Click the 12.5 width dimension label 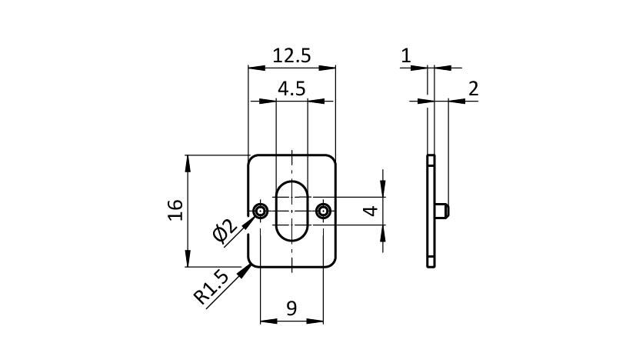pos(291,55)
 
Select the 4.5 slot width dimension pos(291,88)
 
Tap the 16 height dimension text pos(175,210)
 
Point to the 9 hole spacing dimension pos(291,308)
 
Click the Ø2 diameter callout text pos(225,231)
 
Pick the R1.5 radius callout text pos(211,287)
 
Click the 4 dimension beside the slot pos(371,211)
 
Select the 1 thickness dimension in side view pos(405,55)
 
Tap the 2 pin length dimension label pos(474,88)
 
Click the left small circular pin pos(260,211)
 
